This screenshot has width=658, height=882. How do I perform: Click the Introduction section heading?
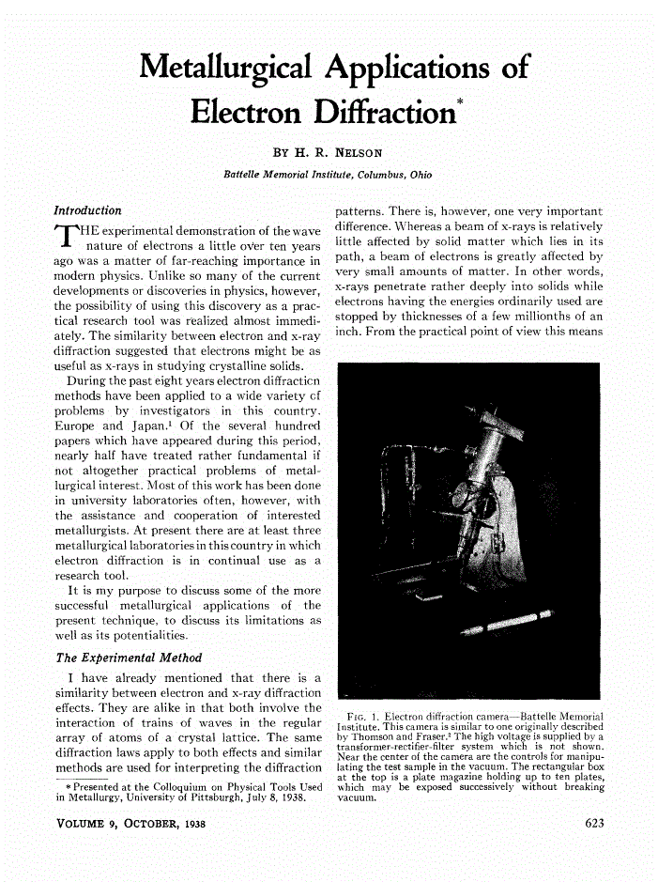pyautogui.click(x=87, y=210)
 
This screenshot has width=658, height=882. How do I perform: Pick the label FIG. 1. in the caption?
pyautogui.click(x=364, y=718)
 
